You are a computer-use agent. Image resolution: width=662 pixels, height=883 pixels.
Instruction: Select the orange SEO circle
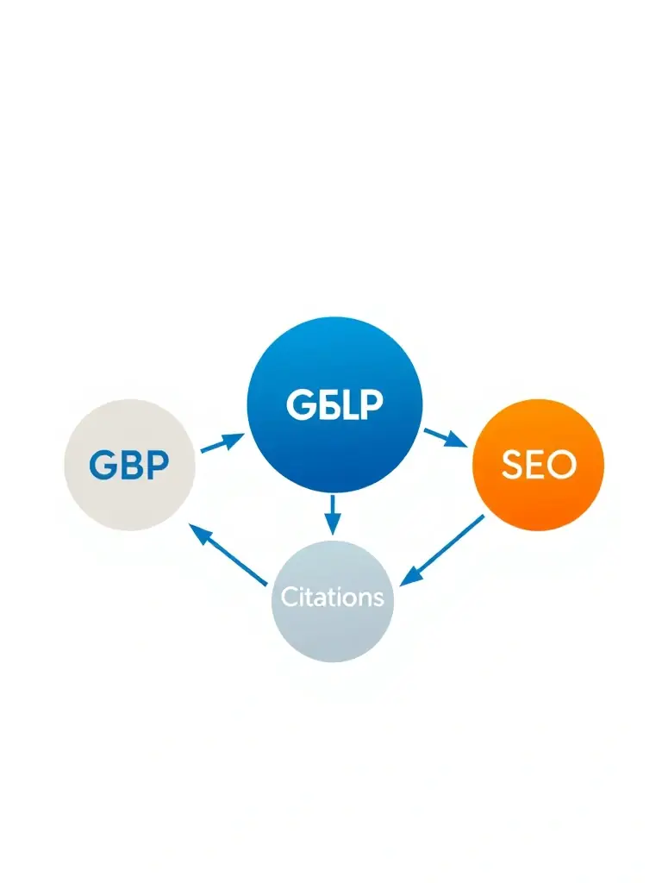pyautogui.click(x=539, y=465)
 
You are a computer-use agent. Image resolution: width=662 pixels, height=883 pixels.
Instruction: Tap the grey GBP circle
pyautogui.click(x=130, y=465)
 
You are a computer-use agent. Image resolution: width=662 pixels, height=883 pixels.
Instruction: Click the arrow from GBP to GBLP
pyautogui.click(x=222, y=443)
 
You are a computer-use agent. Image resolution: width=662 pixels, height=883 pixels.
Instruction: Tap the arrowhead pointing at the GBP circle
pyautogui.click(x=198, y=534)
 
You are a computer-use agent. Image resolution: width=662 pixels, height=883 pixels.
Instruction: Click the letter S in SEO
pyautogui.click(x=511, y=466)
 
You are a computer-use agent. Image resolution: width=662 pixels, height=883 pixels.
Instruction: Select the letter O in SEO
pyautogui.click(x=561, y=466)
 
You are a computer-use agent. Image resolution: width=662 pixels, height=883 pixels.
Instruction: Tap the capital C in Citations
pyautogui.click(x=290, y=596)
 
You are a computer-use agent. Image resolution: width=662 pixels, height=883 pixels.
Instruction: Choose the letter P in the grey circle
pyautogui.click(x=156, y=466)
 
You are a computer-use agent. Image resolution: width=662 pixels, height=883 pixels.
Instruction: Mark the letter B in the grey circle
pyautogui.click(x=130, y=466)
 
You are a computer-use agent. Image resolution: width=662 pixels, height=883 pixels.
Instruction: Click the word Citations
pyautogui.click(x=333, y=596)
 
